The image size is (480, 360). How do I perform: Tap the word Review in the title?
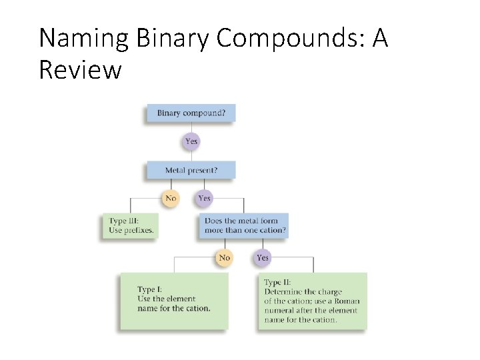pos(80,69)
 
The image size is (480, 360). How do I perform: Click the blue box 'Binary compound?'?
pos(191,113)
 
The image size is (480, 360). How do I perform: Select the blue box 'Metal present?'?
pos(191,170)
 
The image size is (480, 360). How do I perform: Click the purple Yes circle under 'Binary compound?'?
pos(191,141)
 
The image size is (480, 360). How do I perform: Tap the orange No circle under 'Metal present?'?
pos(171,198)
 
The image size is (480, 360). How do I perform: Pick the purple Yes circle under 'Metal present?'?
pos(204,198)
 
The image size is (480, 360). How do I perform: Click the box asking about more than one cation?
pos(243,225)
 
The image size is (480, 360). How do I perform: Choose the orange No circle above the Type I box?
pos(224,257)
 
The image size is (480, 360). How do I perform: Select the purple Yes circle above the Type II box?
pos(263,257)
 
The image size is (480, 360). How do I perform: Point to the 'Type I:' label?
pos(149,289)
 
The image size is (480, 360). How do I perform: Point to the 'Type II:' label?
pos(277,283)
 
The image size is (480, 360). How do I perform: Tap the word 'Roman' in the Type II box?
pos(345,301)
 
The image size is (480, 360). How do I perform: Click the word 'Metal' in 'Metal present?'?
pos(175,170)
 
